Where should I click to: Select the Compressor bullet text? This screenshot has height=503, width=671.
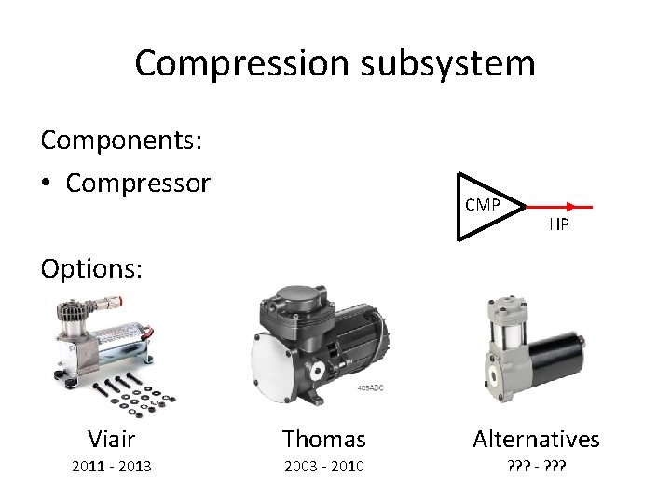[x=138, y=183]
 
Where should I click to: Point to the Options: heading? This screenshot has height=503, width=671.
[x=91, y=268]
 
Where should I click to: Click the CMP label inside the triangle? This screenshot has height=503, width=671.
[x=482, y=205]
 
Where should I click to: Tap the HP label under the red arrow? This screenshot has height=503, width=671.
[x=559, y=224]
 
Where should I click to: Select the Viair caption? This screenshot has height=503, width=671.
[x=111, y=438]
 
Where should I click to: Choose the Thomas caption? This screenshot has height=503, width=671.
[x=323, y=438]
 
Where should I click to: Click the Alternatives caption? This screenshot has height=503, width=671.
[x=536, y=438]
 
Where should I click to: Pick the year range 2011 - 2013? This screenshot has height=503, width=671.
[x=112, y=466]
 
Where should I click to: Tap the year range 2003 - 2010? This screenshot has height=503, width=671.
[x=323, y=466]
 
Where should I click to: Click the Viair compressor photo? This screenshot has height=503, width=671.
[x=103, y=335]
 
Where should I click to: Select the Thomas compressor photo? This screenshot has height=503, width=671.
[x=322, y=345]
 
